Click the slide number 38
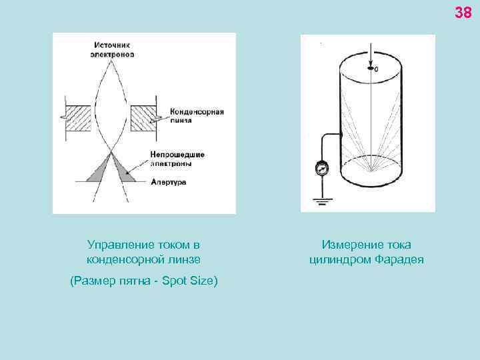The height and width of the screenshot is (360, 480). tap(463, 12)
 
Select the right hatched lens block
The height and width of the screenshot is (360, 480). tap(143, 117)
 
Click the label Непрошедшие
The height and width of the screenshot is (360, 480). tap(177, 154)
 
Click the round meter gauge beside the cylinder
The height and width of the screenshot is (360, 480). tap(322, 169)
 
